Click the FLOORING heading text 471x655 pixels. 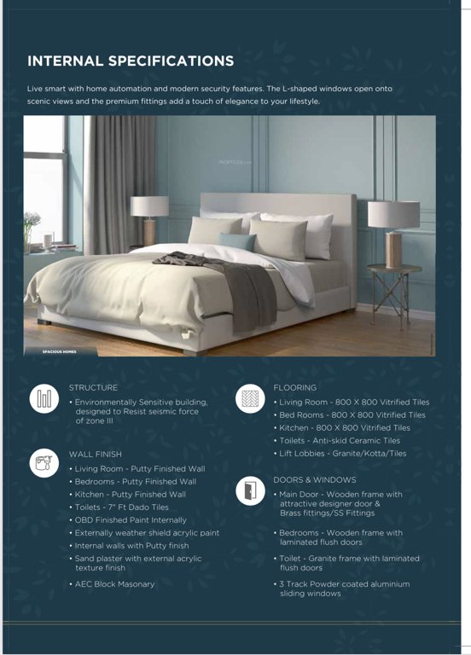click(x=295, y=387)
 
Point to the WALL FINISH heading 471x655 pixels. click(x=95, y=455)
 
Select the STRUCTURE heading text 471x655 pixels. click(x=93, y=387)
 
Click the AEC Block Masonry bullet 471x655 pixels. click(x=114, y=584)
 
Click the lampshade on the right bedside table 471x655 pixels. click(x=392, y=214)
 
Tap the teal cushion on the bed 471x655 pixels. click(x=238, y=241)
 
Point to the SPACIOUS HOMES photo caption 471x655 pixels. click(x=61, y=351)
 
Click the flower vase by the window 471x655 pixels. click(x=32, y=229)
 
